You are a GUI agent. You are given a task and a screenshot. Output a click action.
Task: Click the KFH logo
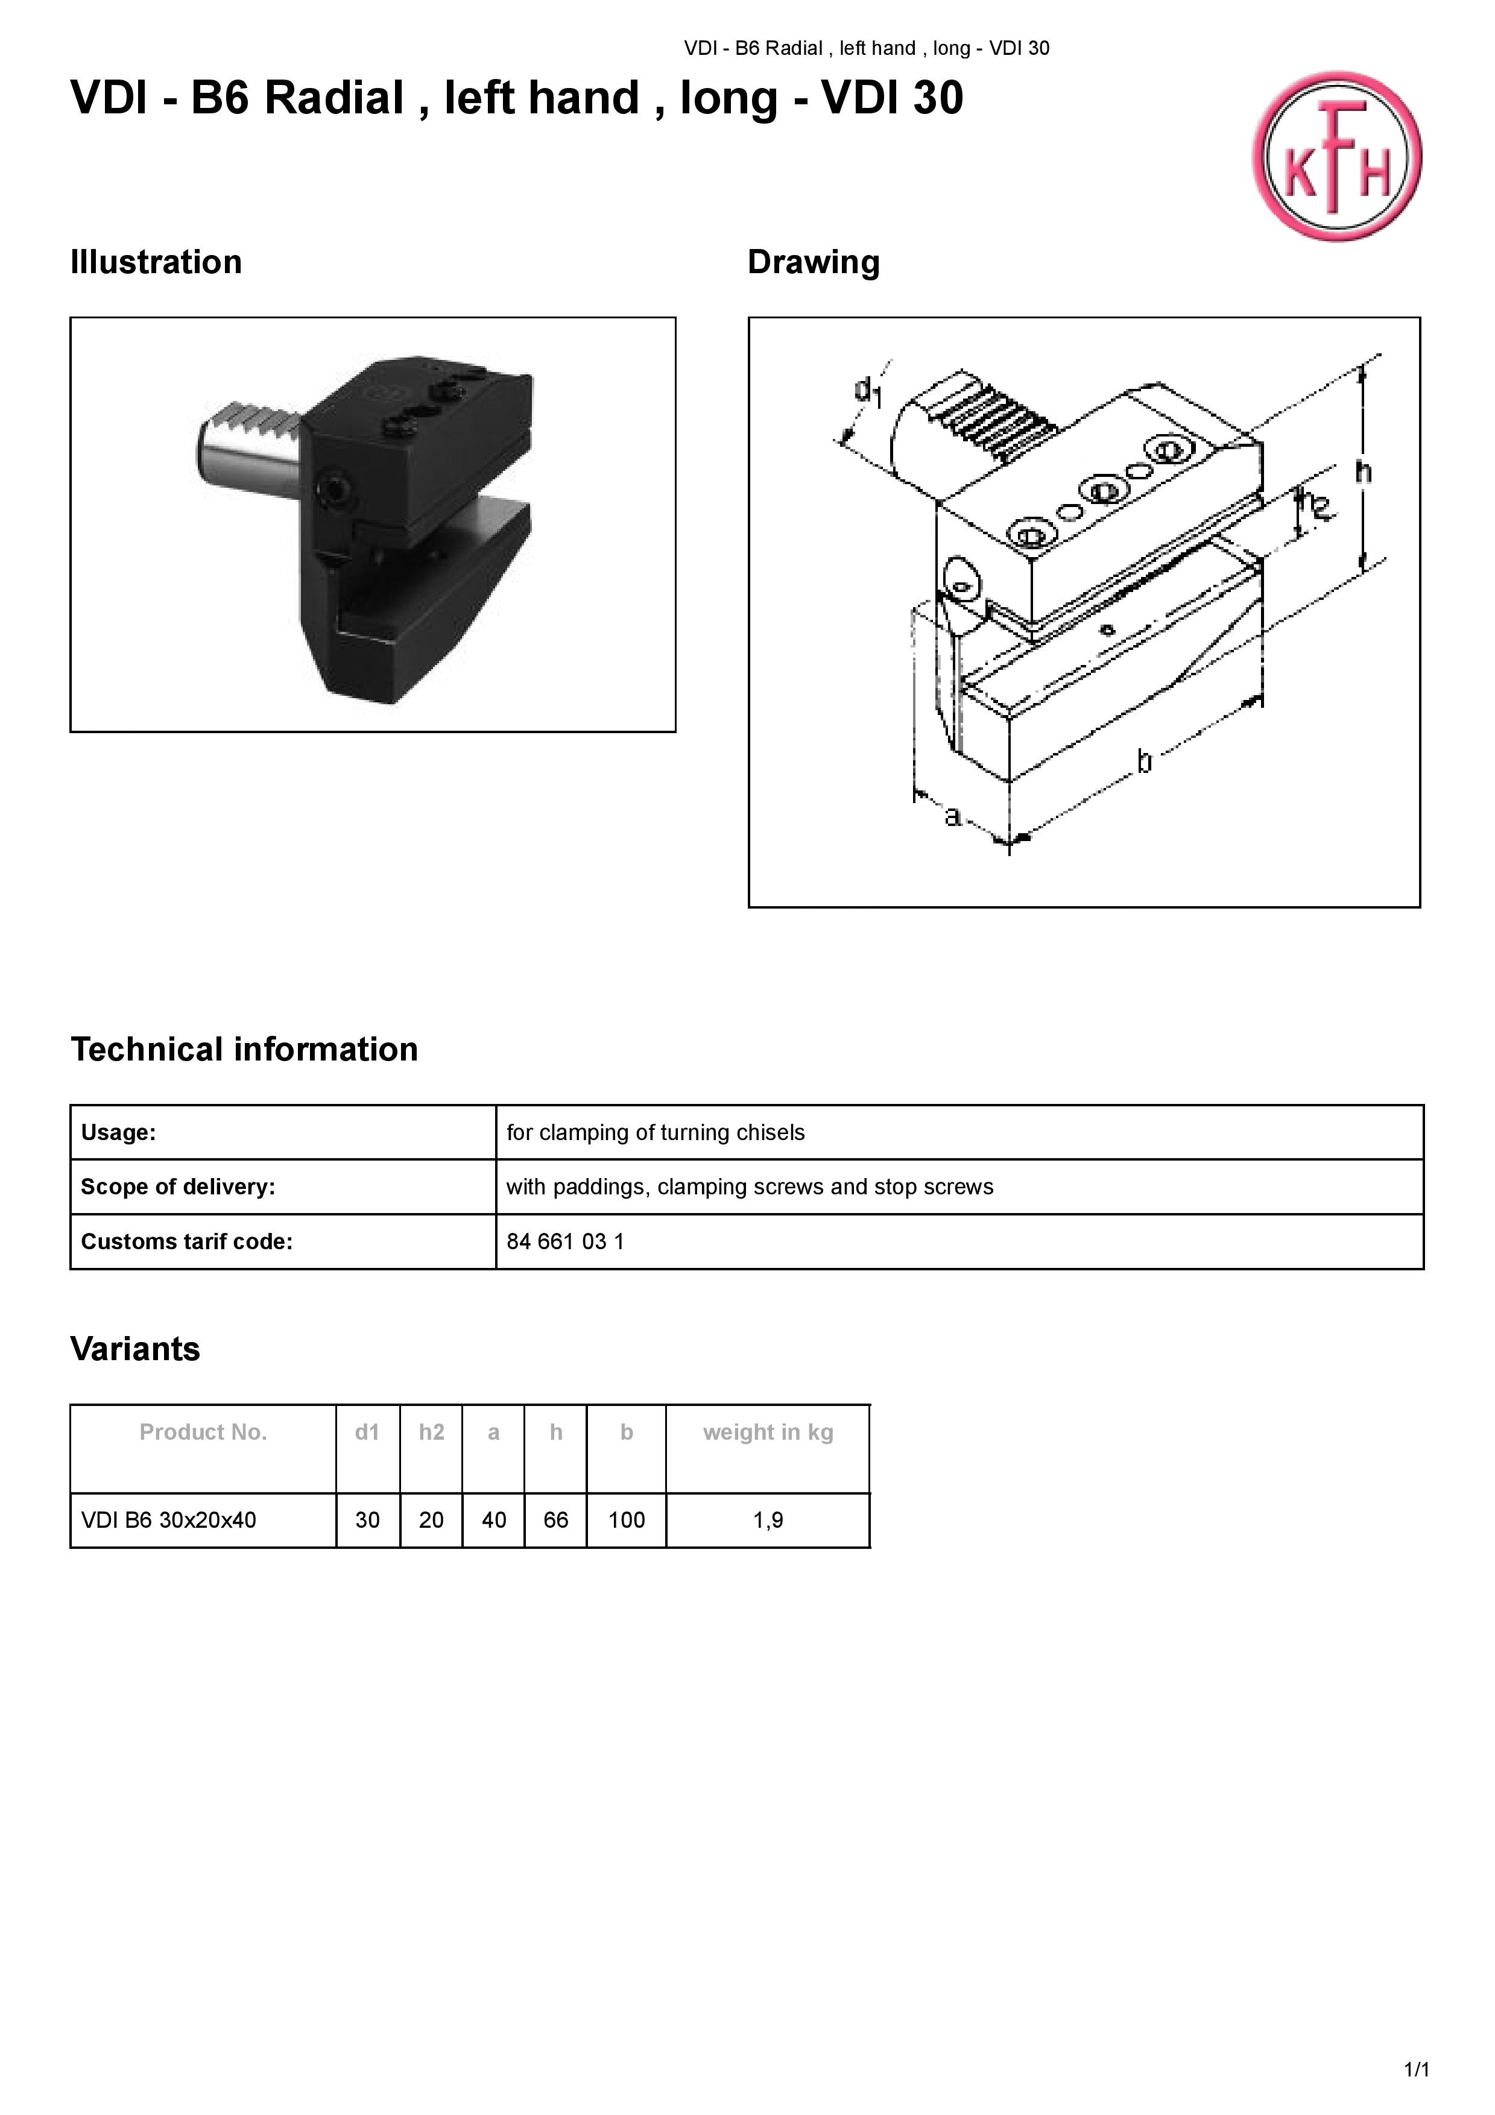[1336, 157]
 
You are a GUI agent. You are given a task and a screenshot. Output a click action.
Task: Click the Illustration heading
[156, 262]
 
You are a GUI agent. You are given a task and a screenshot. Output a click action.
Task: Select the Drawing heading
[814, 262]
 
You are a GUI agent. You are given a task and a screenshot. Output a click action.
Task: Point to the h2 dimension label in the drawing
[1315, 506]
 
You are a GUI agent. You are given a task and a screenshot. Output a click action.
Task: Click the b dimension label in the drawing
[1143, 761]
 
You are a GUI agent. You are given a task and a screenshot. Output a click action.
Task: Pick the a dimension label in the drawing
[952, 815]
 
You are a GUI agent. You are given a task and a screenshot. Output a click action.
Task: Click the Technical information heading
[244, 1049]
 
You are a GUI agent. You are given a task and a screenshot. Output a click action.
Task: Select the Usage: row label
[118, 1132]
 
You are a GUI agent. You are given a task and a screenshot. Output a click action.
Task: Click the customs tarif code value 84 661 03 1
[564, 1242]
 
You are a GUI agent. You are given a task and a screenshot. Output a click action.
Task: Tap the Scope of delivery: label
[178, 1187]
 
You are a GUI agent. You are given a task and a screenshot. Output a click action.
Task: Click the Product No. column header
[203, 1433]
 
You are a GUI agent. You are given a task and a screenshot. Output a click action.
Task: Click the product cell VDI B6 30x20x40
[169, 1520]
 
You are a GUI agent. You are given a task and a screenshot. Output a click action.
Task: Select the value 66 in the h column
[555, 1520]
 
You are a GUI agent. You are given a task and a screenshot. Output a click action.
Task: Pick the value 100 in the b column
[627, 1520]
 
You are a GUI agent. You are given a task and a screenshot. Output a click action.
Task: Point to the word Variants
[136, 1349]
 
